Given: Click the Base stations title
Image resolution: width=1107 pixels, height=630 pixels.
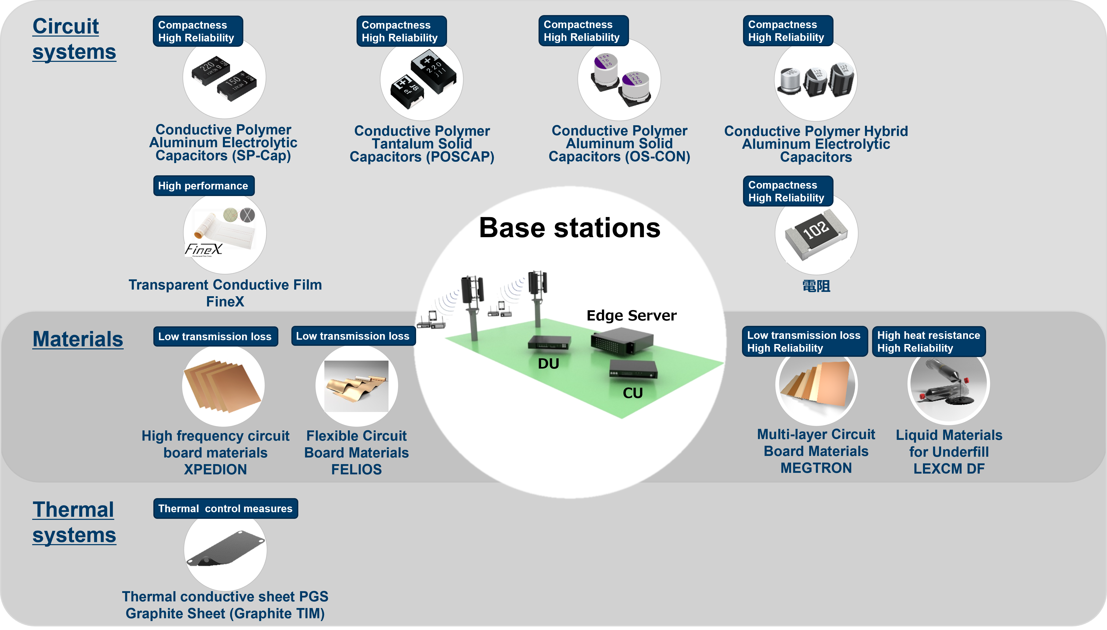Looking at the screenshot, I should pyautogui.click(x=570, y=228).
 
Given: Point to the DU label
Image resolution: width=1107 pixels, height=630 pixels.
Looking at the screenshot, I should pyautogui.click(x=548, y=363).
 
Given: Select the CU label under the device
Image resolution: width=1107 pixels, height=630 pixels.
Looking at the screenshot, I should pyautogui.click(x=632, y=393).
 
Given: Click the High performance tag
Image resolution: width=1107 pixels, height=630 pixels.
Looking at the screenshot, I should pyautogui.click(x=203, y=186).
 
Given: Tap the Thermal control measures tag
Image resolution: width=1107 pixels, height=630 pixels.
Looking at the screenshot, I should pyautogui.click(x=225, y=508).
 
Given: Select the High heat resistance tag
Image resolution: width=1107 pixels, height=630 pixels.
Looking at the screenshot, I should pyautogui.click(x=928, y=341).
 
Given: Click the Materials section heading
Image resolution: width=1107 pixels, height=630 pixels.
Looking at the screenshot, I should pyautogui.click(x=78, y=339).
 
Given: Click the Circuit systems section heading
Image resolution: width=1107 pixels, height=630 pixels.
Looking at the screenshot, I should pyautogui.click(x=74, y=39).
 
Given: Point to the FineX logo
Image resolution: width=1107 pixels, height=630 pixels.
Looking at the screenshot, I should pyautogui.click(x=203, y=249).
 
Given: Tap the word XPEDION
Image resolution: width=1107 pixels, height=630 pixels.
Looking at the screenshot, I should pyautogui.click(x=215, y=469).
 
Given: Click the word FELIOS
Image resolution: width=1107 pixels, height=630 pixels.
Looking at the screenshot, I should pyautogui.click(x=357, y=469).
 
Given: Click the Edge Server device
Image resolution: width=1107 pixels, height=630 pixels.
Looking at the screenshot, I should pyautogui.click(x=622, y=340).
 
